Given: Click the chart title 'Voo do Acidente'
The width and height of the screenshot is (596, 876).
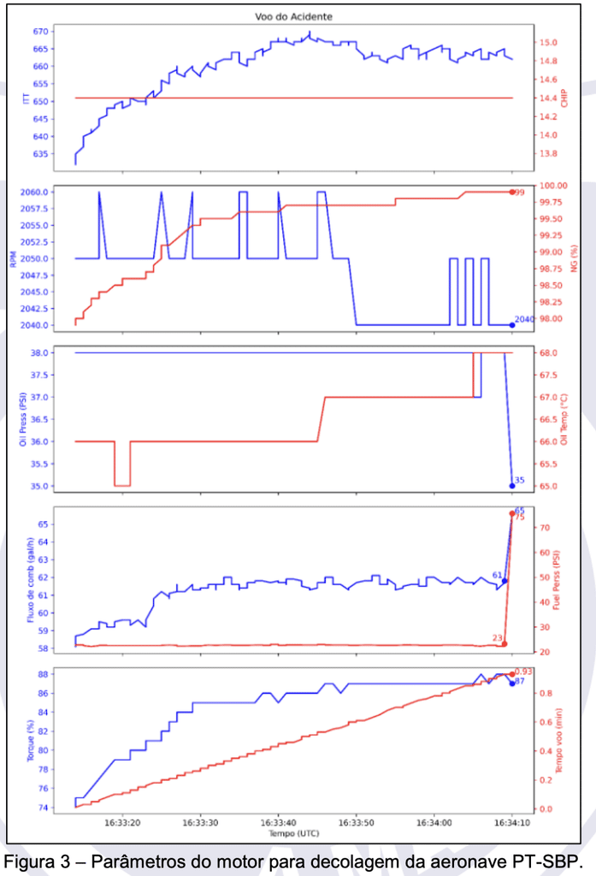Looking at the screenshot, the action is (x=294, y=17).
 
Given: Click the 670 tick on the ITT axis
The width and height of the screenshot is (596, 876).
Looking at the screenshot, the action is (x=41, y=32).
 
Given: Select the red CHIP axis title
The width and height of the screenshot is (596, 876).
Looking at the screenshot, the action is (x=564, y=98).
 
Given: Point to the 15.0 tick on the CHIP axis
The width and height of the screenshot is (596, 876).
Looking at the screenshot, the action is (x=548, y=43).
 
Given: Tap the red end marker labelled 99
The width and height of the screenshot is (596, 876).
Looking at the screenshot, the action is (x=512, y=192).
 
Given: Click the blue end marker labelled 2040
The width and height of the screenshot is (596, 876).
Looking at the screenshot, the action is (x=512, y=325).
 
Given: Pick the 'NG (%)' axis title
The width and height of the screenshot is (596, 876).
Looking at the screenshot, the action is (x=574, y=258).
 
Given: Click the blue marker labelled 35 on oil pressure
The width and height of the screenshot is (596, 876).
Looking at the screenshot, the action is (x=512, y=486).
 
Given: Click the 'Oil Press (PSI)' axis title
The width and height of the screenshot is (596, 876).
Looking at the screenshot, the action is (x=23, y=419).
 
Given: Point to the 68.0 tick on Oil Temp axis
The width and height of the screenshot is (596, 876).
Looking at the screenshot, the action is (x=548, y=353).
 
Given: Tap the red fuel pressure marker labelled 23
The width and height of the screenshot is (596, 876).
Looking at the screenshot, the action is (x=505, y=644).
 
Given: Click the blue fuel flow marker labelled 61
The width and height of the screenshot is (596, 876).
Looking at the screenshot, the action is (x=505, y=581).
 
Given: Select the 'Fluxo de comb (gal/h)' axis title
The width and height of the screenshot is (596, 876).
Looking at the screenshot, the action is (x=30, y=580).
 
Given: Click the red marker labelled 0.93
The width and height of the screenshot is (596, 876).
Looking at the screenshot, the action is (x=512, y=674).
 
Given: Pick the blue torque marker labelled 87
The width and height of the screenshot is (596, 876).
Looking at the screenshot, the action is (x=512, y=684).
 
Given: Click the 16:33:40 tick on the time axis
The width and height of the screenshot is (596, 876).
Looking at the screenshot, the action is (x=278, y=823).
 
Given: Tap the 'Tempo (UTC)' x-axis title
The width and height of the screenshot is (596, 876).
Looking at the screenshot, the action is (x=294, y=833).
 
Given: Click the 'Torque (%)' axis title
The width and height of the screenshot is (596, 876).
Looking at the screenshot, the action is (x=30, y=741).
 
